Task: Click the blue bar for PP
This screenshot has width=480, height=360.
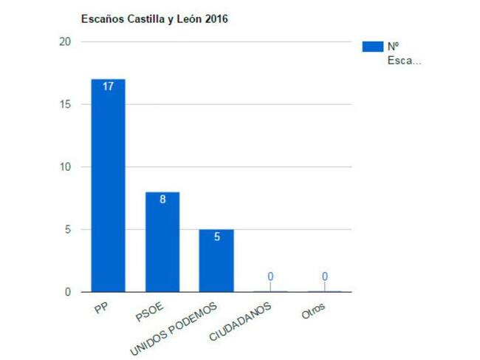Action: (x=108, y=185)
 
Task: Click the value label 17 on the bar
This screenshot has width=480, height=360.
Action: (x=108, y=86)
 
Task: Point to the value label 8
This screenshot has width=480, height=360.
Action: (x=162, y=200)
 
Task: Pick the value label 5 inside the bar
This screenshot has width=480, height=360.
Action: (x=216, y=237)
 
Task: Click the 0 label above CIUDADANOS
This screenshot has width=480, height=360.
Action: (x=270, y=276)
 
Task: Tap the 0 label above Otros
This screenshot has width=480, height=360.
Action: (x=324, y=276)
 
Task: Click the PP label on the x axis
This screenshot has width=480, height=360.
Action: (x=102, y=308)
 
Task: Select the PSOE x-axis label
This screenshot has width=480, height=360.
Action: (x=151, y=310)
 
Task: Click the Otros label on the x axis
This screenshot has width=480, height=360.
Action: (x=313, y=310)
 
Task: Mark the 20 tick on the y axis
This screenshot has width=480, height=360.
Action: (x=65, y=42)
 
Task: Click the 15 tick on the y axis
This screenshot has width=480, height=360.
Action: (x=65, y=104)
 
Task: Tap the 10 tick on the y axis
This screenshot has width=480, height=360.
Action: (x=65, y=167)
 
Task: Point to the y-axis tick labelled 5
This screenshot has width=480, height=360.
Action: (x=68, y=229)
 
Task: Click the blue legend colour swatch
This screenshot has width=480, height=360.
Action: (x=372, y=47)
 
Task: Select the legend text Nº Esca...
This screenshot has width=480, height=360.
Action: (x=403, y=53)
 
